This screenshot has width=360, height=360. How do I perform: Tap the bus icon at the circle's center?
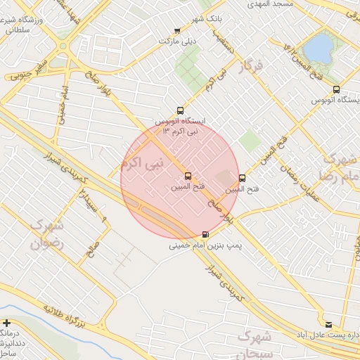point(187,176)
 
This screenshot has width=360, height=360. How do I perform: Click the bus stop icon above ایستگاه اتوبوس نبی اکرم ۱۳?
point(181,110)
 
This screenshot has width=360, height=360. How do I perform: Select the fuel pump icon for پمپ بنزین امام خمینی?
point(205,235)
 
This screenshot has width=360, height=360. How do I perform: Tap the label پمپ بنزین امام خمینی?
point(204,247)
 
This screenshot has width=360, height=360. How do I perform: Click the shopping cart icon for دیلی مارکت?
point(176,30)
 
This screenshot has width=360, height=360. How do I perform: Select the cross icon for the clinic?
point(6,323)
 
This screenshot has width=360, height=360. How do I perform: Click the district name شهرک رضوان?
point(46,234)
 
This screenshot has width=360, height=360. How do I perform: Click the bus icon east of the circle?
point(243,178)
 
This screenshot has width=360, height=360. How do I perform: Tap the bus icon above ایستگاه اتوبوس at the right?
point(336,89)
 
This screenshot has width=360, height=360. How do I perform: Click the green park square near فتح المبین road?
point(249,140)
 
